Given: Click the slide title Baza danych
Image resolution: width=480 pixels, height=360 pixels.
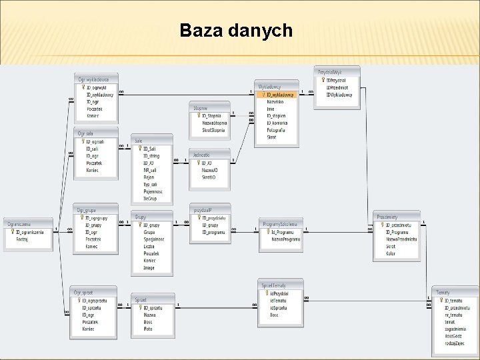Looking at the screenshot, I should click(x=236, y=31).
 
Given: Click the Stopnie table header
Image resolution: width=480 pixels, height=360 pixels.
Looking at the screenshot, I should click(x=201, y=108).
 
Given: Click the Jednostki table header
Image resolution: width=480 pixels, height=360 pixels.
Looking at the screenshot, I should click(x=201, y=155).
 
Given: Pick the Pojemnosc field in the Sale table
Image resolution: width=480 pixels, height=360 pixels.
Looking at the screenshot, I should click(x=153, y=191).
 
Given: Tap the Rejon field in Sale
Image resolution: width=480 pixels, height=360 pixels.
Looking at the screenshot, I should click(x=149, y=177).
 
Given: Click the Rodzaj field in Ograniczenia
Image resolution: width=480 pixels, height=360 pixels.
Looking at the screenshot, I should click(x=21, y=239).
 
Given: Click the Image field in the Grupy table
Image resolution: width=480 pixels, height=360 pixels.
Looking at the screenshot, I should click(x=149, y=268).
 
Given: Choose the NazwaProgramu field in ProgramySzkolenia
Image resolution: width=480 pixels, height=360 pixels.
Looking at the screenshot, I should click(x=286, y=239).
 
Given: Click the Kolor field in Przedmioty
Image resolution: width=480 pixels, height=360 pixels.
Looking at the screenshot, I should click(x=391, y=253).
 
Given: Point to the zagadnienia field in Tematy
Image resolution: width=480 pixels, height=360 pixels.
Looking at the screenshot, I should click(x=455, y=329).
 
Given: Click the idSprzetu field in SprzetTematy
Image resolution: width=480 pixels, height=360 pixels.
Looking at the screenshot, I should click(x=279, y=308).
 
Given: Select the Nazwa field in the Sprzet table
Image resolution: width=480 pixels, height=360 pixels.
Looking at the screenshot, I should click(x=149, y=315).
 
